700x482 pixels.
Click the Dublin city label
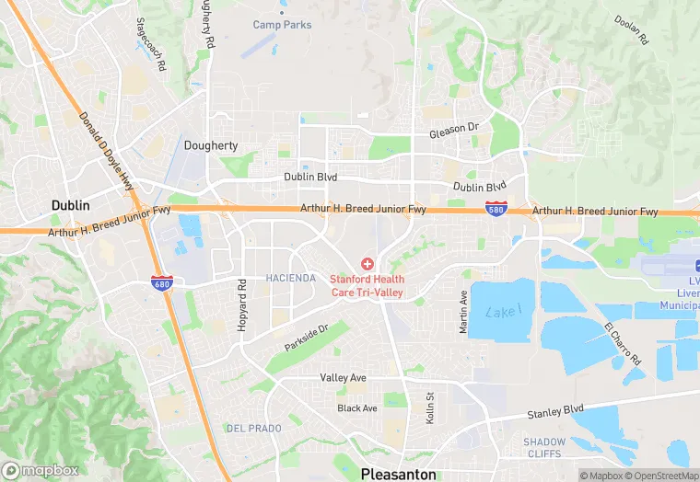coord(70,205)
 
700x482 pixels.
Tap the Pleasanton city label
coord(399,474)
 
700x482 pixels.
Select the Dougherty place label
coord(211,145)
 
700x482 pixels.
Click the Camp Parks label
coord(282,25)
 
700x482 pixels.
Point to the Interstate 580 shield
coord(496,210)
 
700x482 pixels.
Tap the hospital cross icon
coord(367,264)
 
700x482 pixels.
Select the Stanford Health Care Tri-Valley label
coord(367,285)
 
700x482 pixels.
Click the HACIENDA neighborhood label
coord(290,278)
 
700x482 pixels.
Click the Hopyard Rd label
coord(242,308)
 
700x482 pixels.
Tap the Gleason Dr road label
coord(454,133)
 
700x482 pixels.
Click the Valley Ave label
coord(343,378)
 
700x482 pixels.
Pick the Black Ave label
coord(357,407)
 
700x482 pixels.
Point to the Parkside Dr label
coord(307,335)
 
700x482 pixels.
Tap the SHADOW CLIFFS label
coord(544,448)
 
